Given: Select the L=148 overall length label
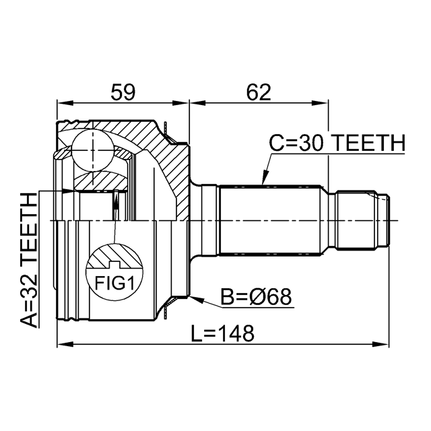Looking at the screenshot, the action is (x=223, y=333).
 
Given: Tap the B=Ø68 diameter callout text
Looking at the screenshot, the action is (x=256, y=297).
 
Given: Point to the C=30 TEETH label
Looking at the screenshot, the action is (x=337, y=143).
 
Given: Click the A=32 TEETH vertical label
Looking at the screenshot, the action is (x=28, y=260).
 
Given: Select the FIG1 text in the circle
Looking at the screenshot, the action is (x=114, y=283).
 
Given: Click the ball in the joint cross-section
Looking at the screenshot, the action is (x=93, y=150).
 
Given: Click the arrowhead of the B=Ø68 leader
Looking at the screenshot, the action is (x=196, y=299).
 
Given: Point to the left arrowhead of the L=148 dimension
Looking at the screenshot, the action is (x=65, y=344).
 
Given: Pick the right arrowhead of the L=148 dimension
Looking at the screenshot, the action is (x=380, y=344).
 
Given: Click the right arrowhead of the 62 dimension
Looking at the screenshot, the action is (x=321, y=103).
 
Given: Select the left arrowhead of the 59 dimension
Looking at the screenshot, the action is (x=65, y=103).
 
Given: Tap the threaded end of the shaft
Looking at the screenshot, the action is (x=362, y=220).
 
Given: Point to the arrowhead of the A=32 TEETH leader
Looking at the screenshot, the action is (x=67, y=191).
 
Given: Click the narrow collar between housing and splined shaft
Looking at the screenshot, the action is (x=210, y=220).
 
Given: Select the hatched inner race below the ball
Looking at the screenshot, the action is (x=100, y=180).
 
